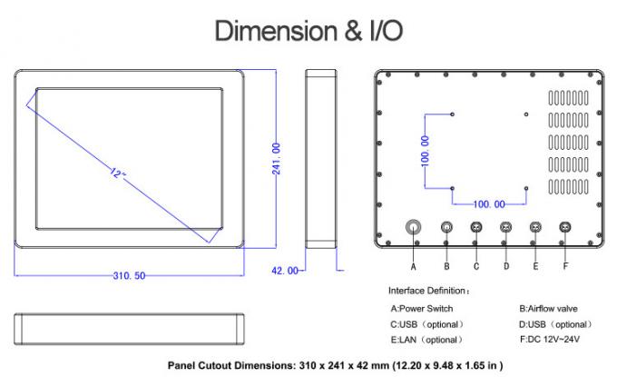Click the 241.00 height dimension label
pyautogui.click(x=275, y=159)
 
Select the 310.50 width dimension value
pyautogui.click(x=128, y=275)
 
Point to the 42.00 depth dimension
pyautogui.click(x=285, y=271)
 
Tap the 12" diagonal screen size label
pyautogui.click(x=118, y=172)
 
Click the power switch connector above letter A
pyautogui.click(x=414, y=227)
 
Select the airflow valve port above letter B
pyautogui.click(x=446, y=227)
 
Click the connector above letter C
pyautogui.click(x=476, y=227)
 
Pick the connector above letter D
pyautogui.click(x=506, y=227)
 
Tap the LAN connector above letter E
pyautogui.click(x=535, y=227)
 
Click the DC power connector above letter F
pyautogui.click(x=565, y=227)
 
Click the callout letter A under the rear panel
pyautogui.click(x=414, y=266)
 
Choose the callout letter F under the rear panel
pyautogui.click(x=565, y=266)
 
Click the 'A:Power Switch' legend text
pyautogui.click(x=422, y=309)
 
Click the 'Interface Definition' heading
pyautogui.click(x=428, y=291)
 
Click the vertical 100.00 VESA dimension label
pyautogui.click(x=424, y=151)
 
